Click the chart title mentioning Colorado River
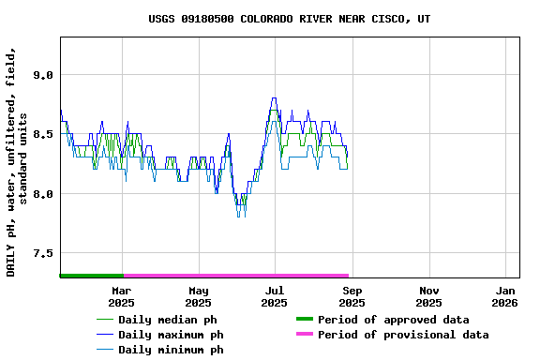click(x=290, y=19)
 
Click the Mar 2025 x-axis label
click(x=121, y=296)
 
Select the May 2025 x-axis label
click(x=198, y=296)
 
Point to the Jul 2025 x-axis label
click(x=274, y=296)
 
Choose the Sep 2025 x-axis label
click(x=352, y=296)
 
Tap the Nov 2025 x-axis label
click(x=428, y=296)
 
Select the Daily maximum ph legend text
click(x=171, y=335)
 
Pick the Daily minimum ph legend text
click(x=171, y=350)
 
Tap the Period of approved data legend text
click(x=393, y=320)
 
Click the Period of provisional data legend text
click(x=403, y=335)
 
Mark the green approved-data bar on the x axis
click(x=91, y=276)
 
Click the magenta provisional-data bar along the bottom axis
click(x=235, y=276)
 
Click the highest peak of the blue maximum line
click(x=274, y=98)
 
